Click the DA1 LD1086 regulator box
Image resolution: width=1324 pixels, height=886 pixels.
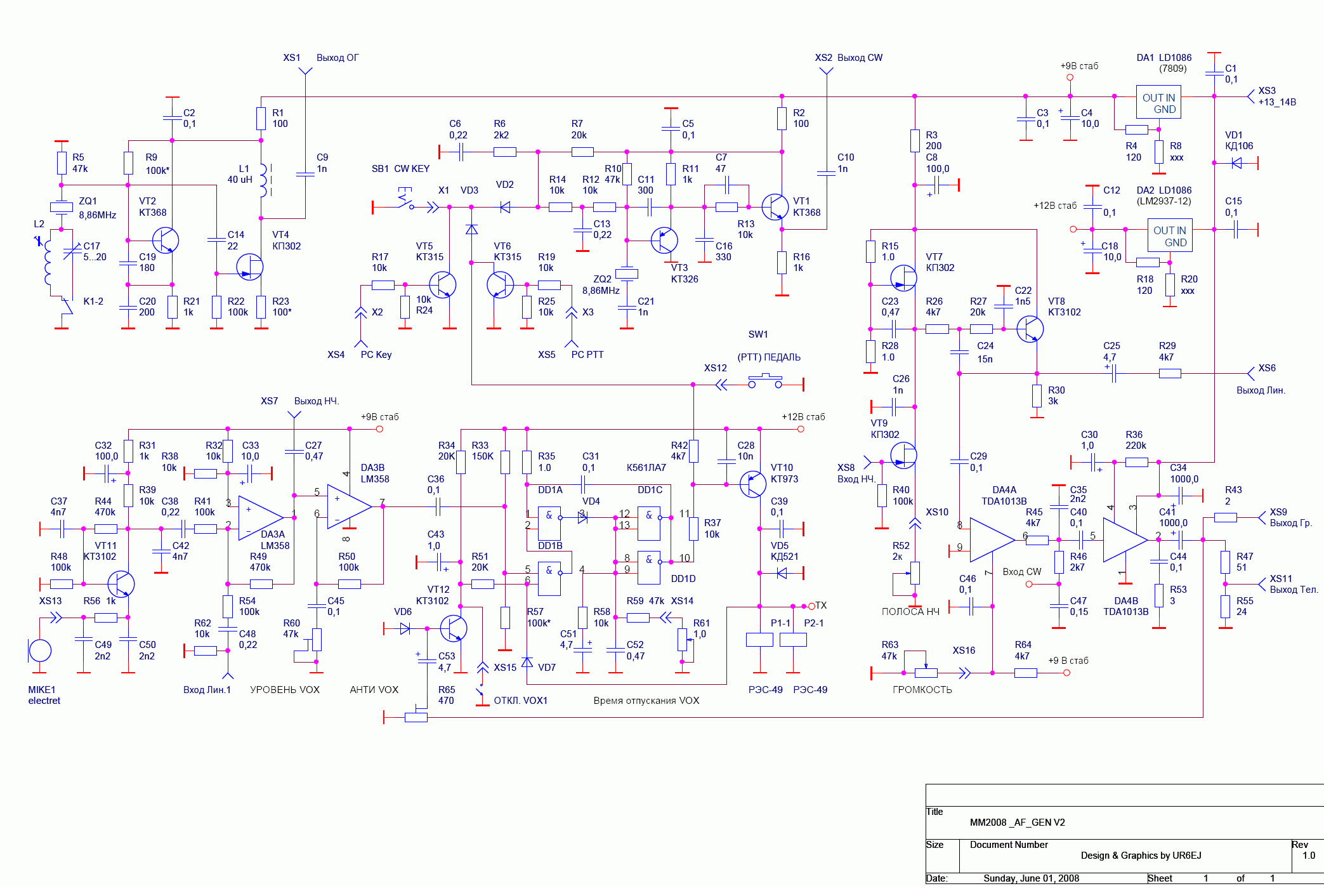(x=1158, y=102)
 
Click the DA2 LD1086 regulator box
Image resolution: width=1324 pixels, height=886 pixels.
(x=1169, y=235)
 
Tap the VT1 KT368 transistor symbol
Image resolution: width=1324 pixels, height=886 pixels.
(x=775, y=206)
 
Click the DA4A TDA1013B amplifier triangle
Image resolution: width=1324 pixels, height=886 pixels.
(x=992, y=539)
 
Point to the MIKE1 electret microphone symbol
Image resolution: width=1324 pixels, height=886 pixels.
(x=40, y=651)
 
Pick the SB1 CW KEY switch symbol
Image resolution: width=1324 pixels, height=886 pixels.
(x=405, y=199)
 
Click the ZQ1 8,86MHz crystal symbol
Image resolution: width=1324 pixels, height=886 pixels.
(x=62, y=206)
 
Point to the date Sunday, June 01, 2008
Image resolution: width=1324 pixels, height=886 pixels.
(x=1031, y=878)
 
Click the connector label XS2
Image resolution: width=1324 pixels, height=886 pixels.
(x=823, y=58)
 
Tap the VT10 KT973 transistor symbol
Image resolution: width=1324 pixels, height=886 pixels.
(x=753, y=484)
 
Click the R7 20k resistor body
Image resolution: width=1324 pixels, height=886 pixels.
(x=582, y=152)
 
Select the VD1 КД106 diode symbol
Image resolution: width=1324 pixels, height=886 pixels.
(x=1236, y=163)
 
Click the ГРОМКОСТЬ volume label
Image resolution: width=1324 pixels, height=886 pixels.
(x=922, y=690)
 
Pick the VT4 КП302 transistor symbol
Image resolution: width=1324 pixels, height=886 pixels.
(x=250, y=267)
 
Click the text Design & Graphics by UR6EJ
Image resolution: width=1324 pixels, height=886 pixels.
(x=1141, y=856)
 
